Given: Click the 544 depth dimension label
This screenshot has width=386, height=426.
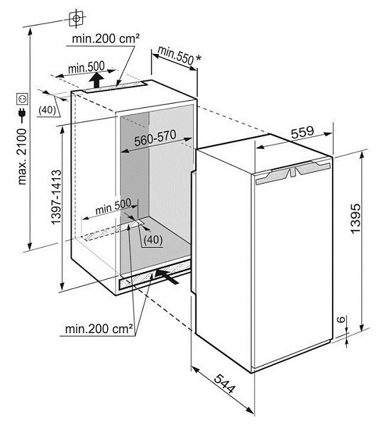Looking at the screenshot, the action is click(224, 384).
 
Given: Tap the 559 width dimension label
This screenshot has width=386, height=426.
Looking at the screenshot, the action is click(302, 132).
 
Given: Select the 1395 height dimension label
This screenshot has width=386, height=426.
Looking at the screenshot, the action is click(355, 218).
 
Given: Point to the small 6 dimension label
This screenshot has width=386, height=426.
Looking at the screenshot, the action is click(342, 319).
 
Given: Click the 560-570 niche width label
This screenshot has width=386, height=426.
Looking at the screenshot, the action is click(155, 138).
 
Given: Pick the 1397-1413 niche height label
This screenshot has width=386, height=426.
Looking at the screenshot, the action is click(57, 197).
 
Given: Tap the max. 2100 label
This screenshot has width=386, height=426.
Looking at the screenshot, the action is click(22, 157).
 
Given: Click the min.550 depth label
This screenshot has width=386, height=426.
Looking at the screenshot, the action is click(175, 55).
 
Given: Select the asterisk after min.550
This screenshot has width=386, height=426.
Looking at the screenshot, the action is click(199, 58).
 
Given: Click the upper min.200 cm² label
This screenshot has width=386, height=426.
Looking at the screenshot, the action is click(106, 39).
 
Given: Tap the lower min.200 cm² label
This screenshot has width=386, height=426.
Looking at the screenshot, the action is click(99, 329).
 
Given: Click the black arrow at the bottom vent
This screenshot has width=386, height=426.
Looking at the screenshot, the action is click(167, 276).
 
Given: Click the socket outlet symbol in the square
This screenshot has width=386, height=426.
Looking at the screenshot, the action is click(22, 99).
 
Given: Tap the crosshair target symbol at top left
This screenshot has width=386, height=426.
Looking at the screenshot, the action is click(76, 18).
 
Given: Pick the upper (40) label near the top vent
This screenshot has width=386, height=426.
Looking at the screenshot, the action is click(48, 110).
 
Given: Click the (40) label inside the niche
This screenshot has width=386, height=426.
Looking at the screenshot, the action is click(153, 240).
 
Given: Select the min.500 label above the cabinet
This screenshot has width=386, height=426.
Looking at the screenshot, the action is click(87, 67).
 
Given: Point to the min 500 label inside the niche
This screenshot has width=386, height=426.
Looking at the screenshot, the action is click(114, 207).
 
